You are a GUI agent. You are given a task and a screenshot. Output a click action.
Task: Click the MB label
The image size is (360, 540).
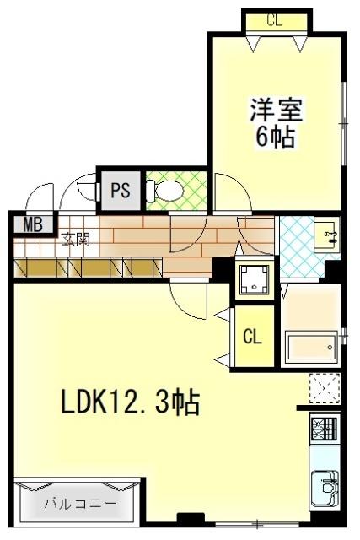tap(32, 224)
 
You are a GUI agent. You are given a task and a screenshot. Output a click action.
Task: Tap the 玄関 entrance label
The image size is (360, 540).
tap(75, 239)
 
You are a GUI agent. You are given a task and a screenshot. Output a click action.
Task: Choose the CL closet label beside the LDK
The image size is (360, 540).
tap(252, 337)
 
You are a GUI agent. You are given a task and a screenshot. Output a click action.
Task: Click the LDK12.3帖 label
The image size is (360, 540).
tap(129, 404)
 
